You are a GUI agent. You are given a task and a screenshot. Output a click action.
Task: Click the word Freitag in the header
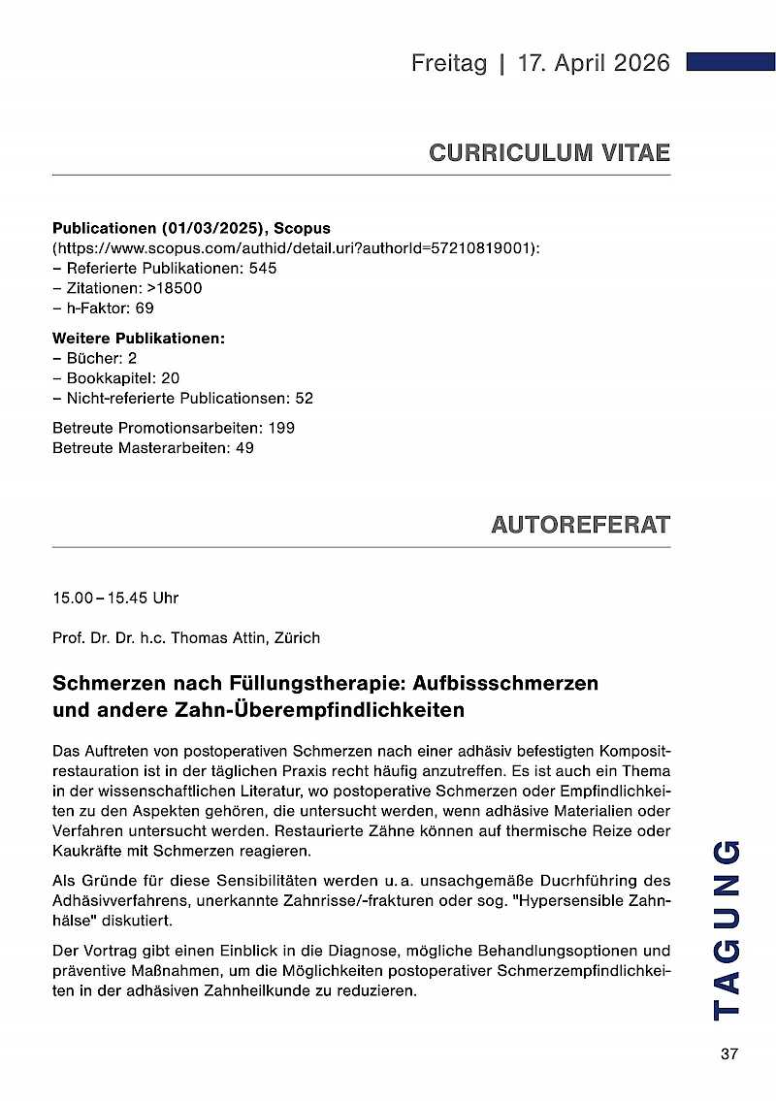coord(448,63)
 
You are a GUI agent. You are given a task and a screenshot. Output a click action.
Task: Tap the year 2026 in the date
coord(636,63)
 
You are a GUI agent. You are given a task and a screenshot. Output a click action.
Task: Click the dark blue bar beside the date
coord(730,62)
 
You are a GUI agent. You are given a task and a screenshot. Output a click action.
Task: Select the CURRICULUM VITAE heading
coord(549,153)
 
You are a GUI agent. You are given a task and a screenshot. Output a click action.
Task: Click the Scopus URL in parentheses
coord(296,248)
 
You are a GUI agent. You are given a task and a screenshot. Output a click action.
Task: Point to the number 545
coord(263,268)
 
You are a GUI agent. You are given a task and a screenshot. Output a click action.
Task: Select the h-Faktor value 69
coord(145,308)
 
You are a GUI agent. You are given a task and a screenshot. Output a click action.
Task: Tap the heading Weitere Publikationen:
coord(139,339)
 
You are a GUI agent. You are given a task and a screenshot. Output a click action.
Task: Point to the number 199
coord(281,428)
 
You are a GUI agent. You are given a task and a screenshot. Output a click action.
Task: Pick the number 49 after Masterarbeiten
coord(244,448)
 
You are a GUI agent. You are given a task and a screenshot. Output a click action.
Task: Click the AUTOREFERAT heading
coord(580,526)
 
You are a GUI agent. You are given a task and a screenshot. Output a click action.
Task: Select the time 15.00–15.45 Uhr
coord(115,599)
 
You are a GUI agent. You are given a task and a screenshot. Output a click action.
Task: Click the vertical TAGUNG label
coord(727,929)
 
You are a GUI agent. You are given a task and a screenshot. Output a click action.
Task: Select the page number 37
coord(729,1054)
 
